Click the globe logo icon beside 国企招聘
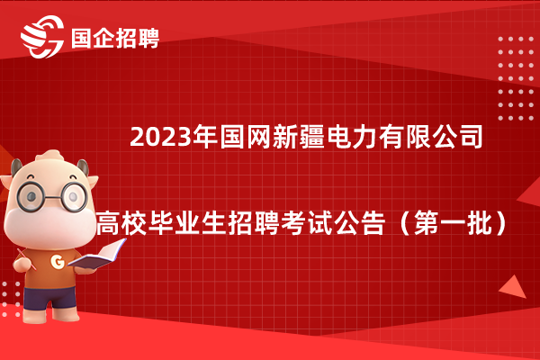coord(42,37)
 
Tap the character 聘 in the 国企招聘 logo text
coord(148,38)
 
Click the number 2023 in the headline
coord(160,138)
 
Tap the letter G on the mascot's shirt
coord(58,262)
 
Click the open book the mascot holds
coord(97,254)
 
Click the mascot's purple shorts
coord(49,298)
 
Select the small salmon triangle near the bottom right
coord(514,287)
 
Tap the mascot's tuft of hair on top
coord(50,155)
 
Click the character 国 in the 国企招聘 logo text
coord(82,38)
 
